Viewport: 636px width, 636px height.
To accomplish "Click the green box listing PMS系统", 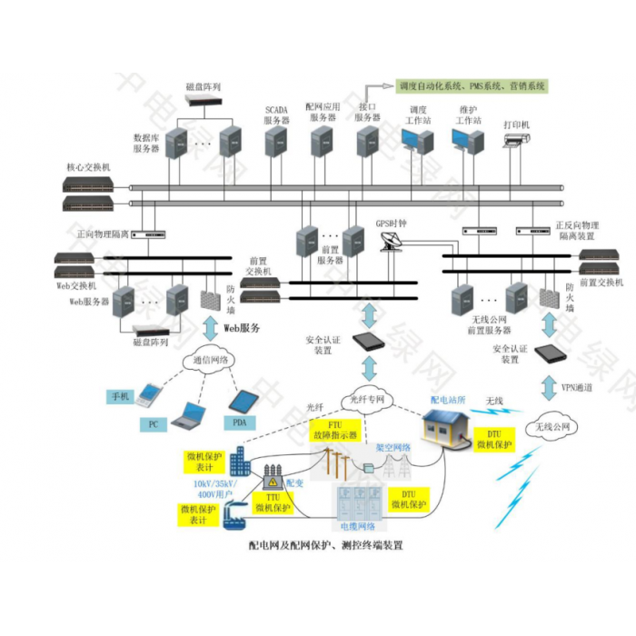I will tap(472, 86).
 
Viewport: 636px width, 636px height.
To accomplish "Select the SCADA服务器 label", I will tap(276, 114).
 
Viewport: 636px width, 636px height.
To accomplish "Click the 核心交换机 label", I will tap(87, 168).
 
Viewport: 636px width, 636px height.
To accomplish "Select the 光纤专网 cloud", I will tap(368, 399).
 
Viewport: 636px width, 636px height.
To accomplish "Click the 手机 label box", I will tap(121, 396).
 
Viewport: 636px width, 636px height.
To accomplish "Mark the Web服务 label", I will tap(242, 326).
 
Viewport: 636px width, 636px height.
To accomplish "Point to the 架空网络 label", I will tap(393, 447).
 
